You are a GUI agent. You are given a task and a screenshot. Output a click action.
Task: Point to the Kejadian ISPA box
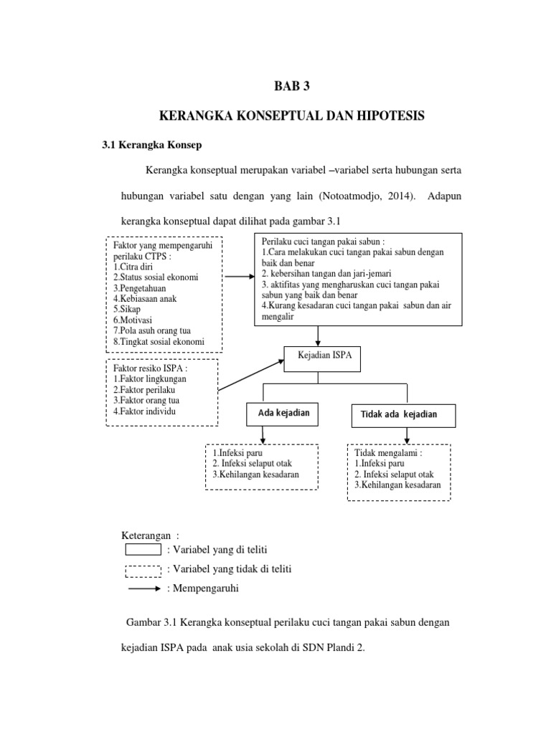pyautogui.click(x=318, y=354)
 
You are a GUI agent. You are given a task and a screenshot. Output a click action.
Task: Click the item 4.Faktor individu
pyautogui.click(x=143, y=411)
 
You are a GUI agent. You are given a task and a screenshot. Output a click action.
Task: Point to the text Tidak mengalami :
pyautogui.click(x=385, y=452)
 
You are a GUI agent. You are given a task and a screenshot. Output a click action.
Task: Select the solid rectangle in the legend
pyautogui.click(x=143, y=550)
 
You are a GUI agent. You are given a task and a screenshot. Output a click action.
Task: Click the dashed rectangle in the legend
pyautogui.click(x=143, y=570)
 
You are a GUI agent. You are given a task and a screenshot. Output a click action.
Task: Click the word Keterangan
pyautogui.click(x=147, y=535)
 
